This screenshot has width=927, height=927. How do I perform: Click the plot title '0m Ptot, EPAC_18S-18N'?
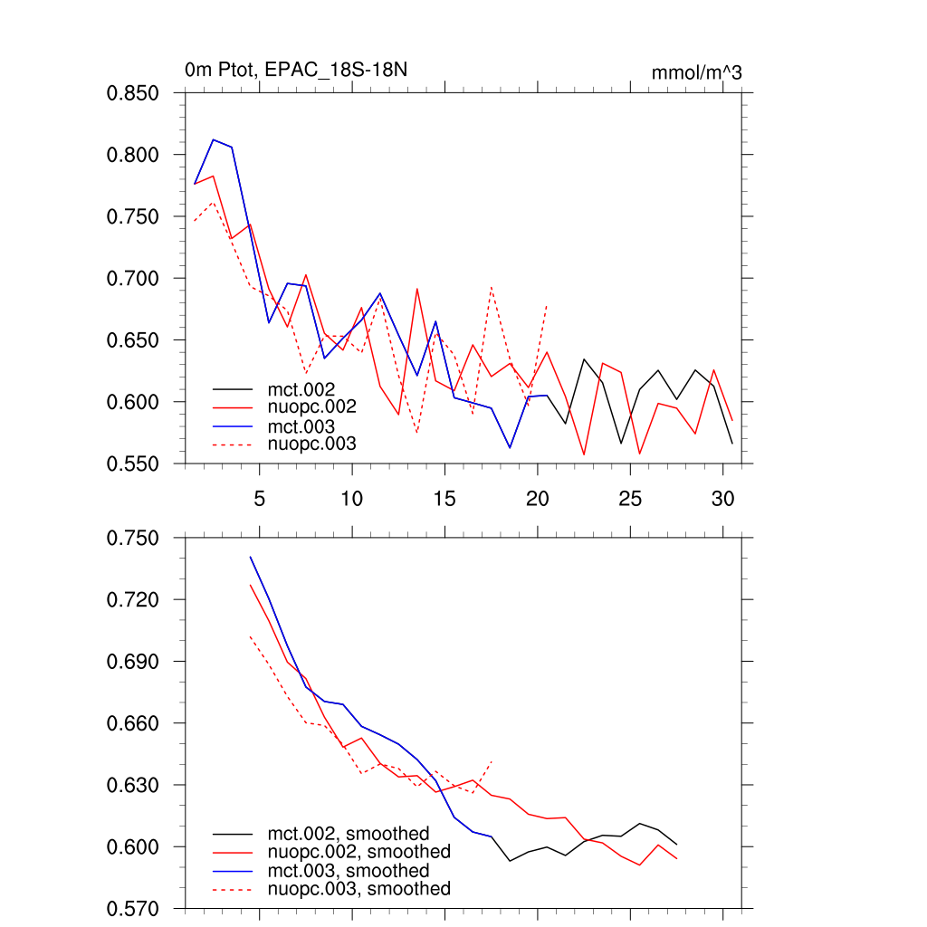coord(301,70)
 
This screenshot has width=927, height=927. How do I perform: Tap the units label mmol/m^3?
coord(696,72)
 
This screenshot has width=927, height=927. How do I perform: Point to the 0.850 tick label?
coord(133,93)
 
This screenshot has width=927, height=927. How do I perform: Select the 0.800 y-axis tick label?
coord(133,155)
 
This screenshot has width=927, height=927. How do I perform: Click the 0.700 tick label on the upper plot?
coord(133,278)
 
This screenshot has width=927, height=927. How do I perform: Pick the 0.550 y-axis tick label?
coord(133,463)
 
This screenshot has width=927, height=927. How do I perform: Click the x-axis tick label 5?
coord(259,499)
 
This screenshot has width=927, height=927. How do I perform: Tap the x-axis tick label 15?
coord(444,499)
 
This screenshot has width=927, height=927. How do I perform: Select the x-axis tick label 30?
coord(722,499)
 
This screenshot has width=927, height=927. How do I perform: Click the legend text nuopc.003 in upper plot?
coord(312,444)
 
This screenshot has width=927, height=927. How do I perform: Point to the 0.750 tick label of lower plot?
coord(133,539)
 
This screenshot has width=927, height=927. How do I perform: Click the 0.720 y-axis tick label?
coord(133,600)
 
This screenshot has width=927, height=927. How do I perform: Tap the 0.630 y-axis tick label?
coord(133,785)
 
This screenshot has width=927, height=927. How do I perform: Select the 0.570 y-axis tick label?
coord(133,908)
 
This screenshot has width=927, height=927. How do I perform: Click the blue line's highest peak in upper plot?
coord(213,139)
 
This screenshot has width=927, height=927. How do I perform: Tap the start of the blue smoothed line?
coord(250,557)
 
